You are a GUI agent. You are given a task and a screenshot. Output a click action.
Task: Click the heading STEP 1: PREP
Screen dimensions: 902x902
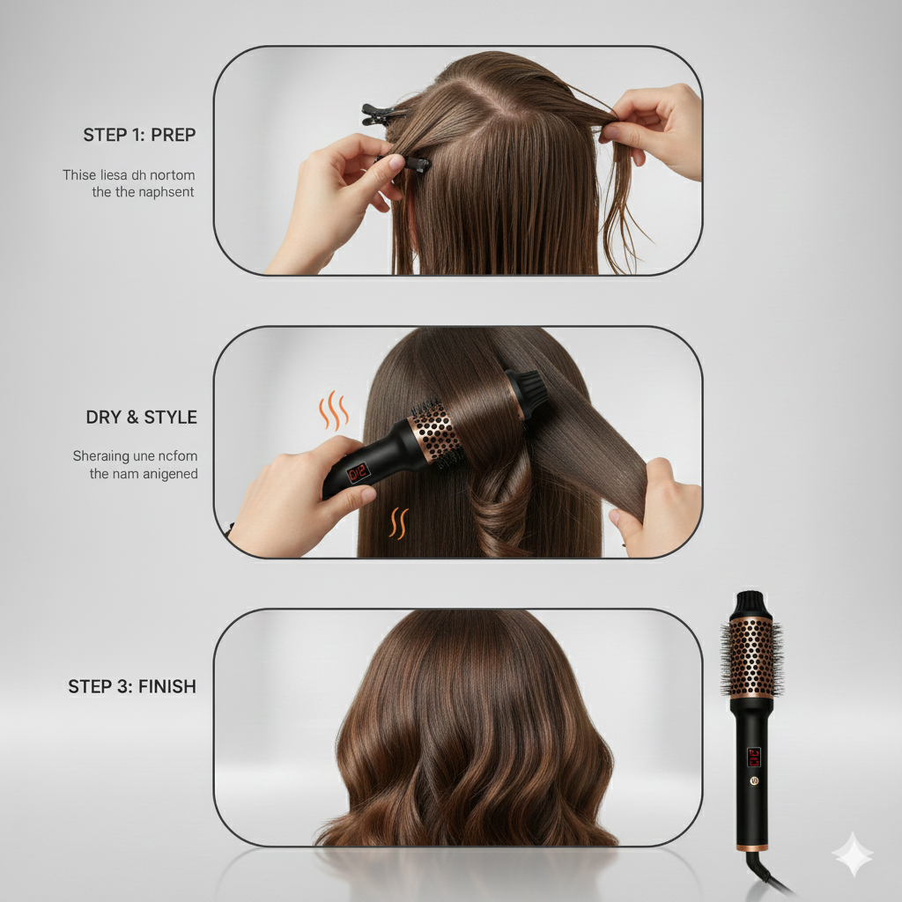139,135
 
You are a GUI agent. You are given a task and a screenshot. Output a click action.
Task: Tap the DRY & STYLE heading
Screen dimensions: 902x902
141,417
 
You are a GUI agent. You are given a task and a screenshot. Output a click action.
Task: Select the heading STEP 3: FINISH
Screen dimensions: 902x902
132,686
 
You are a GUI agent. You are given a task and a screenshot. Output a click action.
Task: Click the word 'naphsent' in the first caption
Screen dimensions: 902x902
166,191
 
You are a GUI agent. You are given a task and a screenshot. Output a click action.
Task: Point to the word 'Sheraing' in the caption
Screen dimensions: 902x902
101,456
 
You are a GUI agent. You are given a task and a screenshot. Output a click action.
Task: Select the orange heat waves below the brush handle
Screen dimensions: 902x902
398,522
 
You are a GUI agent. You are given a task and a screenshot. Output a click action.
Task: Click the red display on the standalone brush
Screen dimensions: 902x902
754,757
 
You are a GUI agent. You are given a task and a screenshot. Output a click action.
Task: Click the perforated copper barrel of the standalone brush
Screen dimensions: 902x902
751,656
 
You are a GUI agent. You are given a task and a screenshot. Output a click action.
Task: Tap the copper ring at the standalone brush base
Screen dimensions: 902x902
751,847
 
